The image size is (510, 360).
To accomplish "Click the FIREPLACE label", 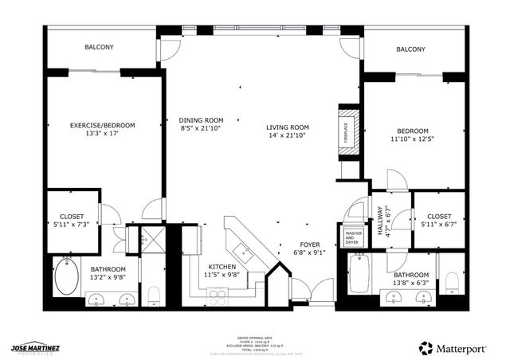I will click(x=346, y=131).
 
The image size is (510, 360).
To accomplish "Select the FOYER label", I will click(x=310, y=245).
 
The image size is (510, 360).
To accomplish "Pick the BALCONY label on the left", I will click(x=100, y=48).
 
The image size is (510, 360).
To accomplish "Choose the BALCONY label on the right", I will click(x=410, y=49).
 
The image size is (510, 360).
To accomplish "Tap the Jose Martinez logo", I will click(x=37, y=348).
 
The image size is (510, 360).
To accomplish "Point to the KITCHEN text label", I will click(x=222, y=266).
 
